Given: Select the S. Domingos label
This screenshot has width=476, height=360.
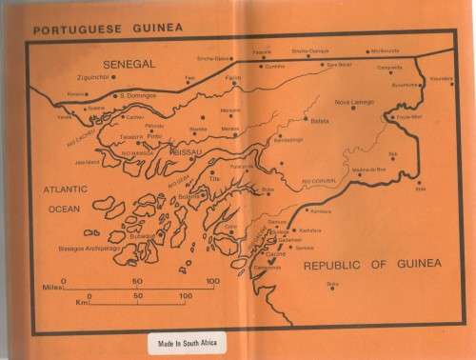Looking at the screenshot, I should [x=134, y=95].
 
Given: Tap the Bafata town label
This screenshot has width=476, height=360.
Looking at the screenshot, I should [x=318, y=122].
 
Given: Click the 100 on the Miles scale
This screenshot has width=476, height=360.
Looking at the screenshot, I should [x=211, y=281].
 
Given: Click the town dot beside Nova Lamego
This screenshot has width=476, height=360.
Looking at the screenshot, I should [x=351, y=110].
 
